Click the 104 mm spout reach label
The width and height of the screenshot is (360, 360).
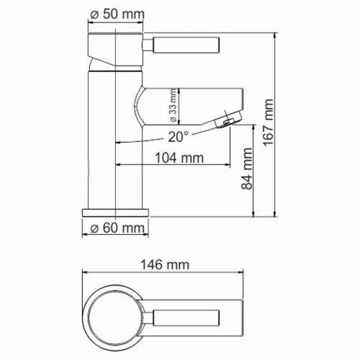[179, 157]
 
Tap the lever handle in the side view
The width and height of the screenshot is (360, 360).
[181, 45]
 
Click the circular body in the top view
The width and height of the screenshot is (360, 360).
[116, 316]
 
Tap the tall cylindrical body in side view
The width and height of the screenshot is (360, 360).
[115, 144]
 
